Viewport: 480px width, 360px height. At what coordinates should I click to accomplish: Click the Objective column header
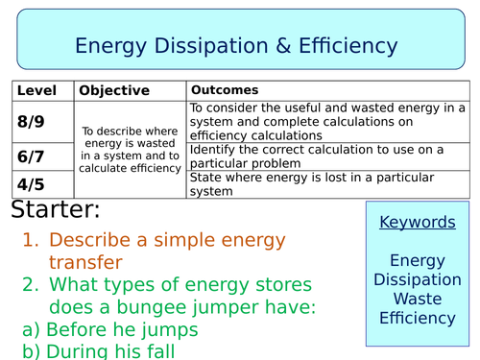click(x=114, y=90)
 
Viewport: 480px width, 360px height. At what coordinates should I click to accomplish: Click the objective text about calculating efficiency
click(x=130, y=148)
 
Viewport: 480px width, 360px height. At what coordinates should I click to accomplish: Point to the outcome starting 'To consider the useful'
click(x=326, y=122)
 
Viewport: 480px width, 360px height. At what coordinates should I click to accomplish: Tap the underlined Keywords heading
click(x=418, y=223)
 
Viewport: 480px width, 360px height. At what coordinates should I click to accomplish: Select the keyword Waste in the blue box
click(x=418, y=299)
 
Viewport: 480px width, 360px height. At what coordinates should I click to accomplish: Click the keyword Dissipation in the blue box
click(x=418, y=279)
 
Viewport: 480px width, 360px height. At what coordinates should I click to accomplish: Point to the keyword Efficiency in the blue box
click(x=418, y=318)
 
